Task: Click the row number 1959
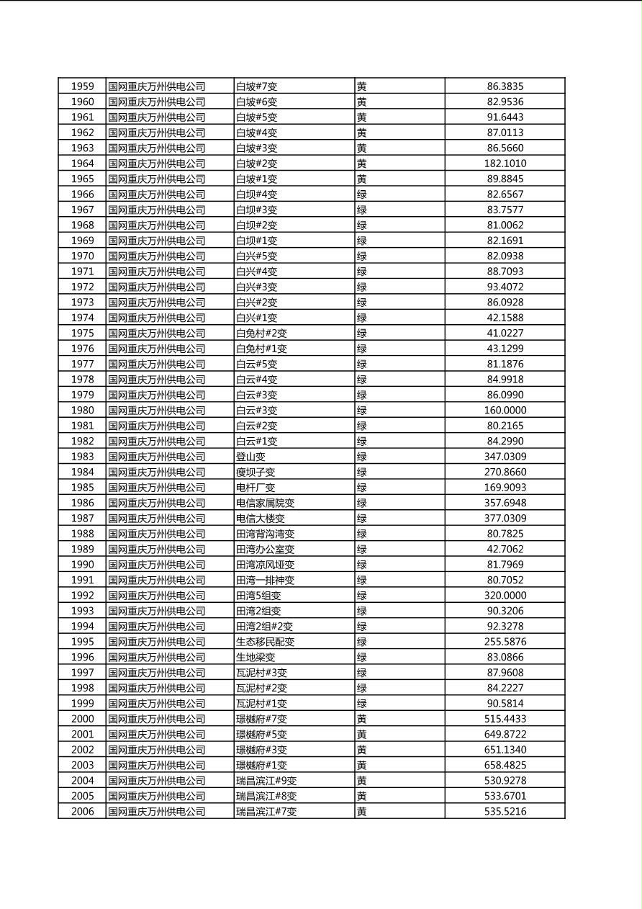82,86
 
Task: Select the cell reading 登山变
251,457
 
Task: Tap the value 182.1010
505,164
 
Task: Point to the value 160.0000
505,411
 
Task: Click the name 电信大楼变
261,519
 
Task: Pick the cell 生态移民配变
265,642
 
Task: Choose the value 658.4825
505,765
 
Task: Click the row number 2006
82,812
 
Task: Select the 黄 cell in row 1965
362,179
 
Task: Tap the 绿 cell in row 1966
362,194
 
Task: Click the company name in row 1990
157,565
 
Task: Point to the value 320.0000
505,596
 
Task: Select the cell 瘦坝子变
256,473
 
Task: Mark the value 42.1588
505,318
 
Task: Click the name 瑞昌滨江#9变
266,781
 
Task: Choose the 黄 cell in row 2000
362,719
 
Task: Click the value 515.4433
505,719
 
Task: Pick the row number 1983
82,457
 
